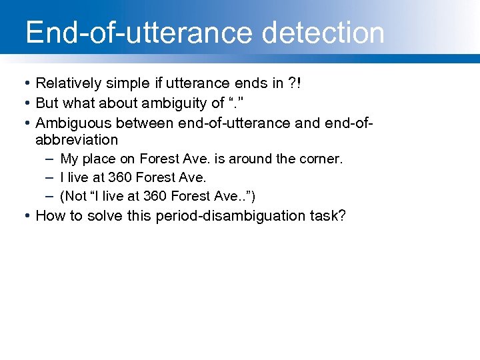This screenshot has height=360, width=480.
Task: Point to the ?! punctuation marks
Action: click(295, 83)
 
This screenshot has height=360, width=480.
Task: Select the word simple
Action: click(122, 83)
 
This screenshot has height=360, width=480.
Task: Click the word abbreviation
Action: click(76, 140)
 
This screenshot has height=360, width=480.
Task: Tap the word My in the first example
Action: click(69, 159)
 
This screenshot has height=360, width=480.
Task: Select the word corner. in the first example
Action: click(321, 159)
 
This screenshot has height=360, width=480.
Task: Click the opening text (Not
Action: click(73, 196)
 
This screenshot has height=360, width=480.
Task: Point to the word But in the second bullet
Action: click(47, 103)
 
